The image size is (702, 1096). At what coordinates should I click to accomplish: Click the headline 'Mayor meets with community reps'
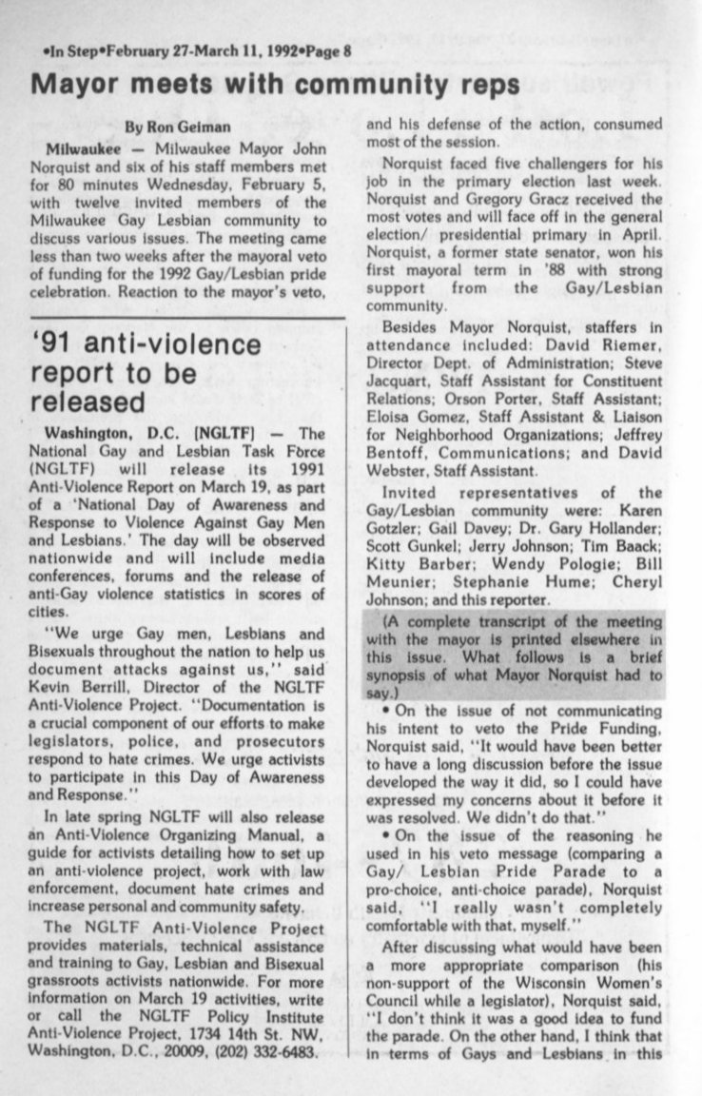[276, 84]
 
